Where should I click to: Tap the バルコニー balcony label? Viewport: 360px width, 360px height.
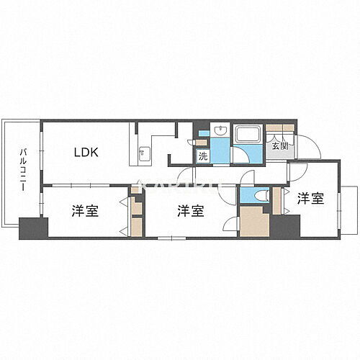pos(23,170)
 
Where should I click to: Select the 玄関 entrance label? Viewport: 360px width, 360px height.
pos(279,146)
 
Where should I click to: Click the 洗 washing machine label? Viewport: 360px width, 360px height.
pos(204,155)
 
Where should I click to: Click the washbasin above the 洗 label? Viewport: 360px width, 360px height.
pos(220,132)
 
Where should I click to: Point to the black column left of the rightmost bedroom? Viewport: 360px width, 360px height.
pos(286,226)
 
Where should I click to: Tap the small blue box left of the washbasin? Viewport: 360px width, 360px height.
pos(204,133)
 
